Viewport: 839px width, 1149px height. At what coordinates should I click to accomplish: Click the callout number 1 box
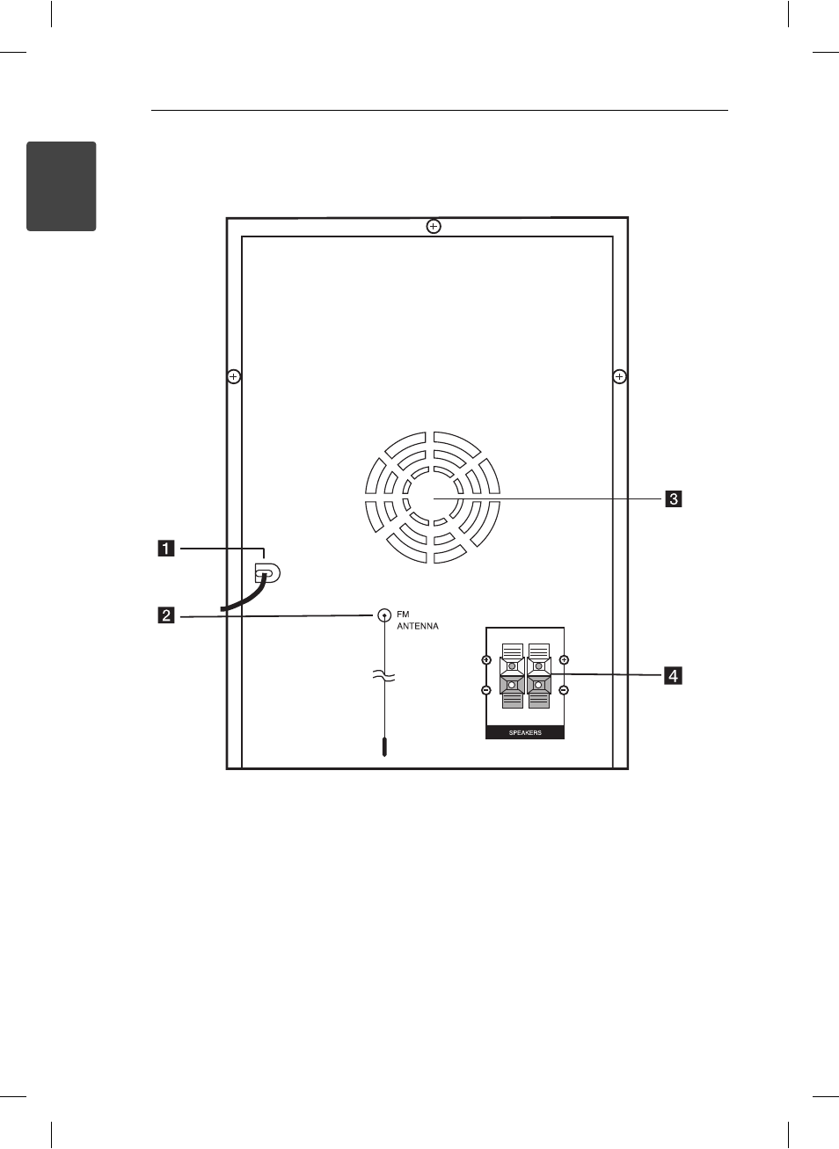166,549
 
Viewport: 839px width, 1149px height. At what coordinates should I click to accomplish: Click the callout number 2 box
166,615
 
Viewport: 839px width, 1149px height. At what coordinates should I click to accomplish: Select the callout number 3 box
674,498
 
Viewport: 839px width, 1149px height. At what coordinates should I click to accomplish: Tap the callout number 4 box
674,675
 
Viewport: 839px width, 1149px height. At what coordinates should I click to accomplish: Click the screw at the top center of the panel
434,226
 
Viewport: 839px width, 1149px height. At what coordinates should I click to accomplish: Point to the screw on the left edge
233,377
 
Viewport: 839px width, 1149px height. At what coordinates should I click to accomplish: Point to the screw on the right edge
620,377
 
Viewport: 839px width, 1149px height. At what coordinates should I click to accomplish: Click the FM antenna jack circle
384,615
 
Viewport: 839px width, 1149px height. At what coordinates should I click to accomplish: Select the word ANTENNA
418,626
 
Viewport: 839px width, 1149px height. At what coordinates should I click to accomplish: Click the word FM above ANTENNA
403,614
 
